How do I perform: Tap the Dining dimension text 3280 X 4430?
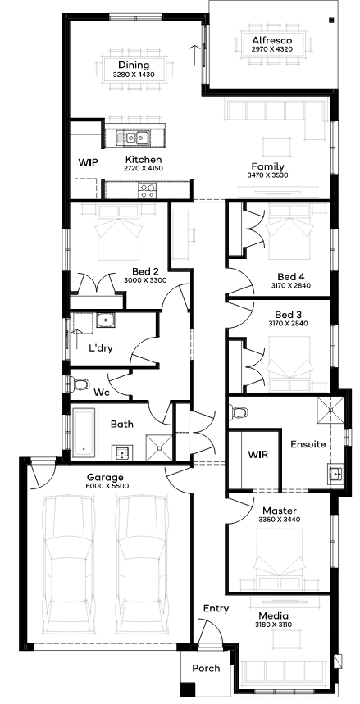coord(134,75)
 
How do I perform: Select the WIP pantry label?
coord(88,162)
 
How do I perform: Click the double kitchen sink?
coord(132,138)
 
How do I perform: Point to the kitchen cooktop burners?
coord(148,191)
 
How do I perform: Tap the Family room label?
coord(267,166)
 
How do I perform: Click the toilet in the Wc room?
coord(80,384)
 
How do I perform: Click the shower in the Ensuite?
coord(330,411)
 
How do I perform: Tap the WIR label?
coord(257,455)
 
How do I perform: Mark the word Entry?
coord(216,609)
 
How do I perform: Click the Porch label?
coord(207,669)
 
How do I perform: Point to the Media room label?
coord(273,616)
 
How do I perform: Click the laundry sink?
coord(106,320)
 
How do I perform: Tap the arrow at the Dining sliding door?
coord(194,55)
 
